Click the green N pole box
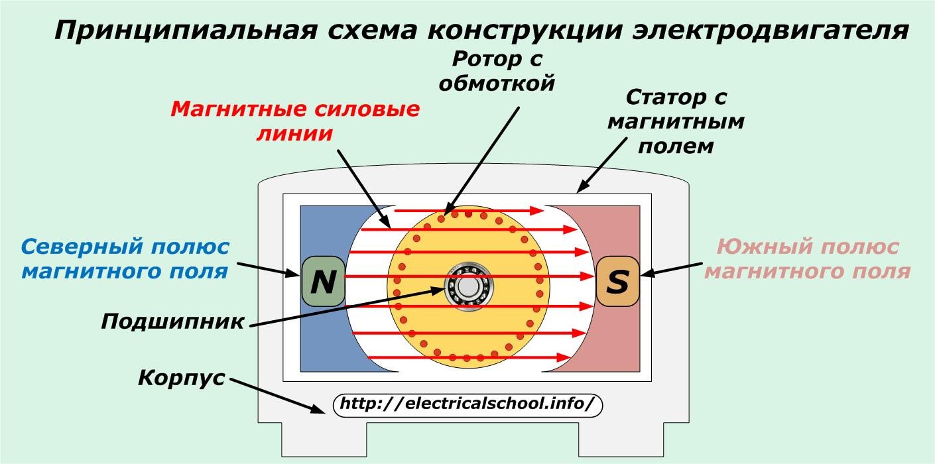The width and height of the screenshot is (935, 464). [324, 282]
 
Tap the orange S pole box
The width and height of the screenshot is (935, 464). [617, 282]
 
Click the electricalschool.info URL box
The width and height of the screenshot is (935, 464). [467, 404]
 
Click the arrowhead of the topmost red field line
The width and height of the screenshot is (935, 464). [538, 210]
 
